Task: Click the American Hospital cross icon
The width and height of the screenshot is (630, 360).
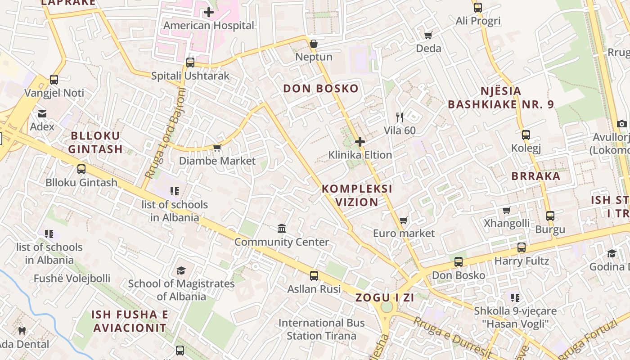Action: coord(209,12)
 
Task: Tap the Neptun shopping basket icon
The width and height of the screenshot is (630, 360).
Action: coord(314,44)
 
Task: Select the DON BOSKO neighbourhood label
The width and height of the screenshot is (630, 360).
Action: coord(321,88)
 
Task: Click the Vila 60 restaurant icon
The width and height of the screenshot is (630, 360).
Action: coord(400,117)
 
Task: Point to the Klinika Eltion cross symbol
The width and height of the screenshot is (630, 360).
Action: coord(360,142)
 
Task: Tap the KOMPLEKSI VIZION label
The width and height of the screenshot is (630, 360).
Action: coord(357,195)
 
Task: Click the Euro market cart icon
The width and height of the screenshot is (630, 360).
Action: coord(404,220)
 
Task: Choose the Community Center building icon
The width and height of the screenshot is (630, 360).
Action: coord(282,229)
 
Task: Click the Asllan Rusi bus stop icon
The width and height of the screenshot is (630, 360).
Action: coord(314,275)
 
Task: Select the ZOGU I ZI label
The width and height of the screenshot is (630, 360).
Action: coord(385,297)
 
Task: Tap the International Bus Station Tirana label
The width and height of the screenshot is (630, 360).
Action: coord(321,329)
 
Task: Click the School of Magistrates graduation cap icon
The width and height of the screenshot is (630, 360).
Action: coord(181,270)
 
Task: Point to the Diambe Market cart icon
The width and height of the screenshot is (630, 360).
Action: coord(217,148)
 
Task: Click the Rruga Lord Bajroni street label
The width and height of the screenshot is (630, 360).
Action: coord(166,133)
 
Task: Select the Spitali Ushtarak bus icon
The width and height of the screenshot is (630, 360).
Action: coord(190,63)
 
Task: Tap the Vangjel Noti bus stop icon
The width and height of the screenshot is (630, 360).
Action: coord(54,80)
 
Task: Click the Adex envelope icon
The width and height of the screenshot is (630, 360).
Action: coord(42,113)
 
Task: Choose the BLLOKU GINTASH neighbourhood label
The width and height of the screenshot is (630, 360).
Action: coord(95,142)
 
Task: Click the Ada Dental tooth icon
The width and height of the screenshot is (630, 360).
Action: coord(22,331)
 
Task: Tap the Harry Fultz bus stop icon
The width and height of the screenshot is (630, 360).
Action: coord(522,247)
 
